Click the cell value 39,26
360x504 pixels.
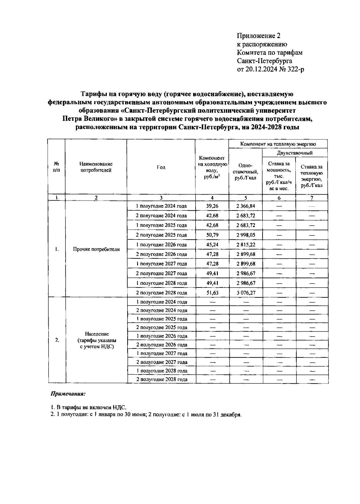(x=212, y=206)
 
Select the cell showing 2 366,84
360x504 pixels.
(x=245, y=206)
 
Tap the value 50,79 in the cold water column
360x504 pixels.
(x=212, y=235)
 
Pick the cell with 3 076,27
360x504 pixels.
(x=245, y=293)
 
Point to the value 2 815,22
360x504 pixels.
(x=245, y=245)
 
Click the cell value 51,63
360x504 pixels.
(x=212, y=293)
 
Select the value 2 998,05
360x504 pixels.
(x=245, y=235)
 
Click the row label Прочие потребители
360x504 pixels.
(x=96, y=249)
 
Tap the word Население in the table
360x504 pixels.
(x=97, y=334)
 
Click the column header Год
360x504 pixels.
(x=161, y=167)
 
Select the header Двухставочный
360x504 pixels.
(x=295, y=153)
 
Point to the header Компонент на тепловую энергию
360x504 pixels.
(x=278, y=144)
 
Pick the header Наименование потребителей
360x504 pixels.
(x=96, y=167)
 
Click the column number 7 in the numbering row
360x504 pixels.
(x=312, y=198)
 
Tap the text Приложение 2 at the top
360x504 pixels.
(x=259, y=36)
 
